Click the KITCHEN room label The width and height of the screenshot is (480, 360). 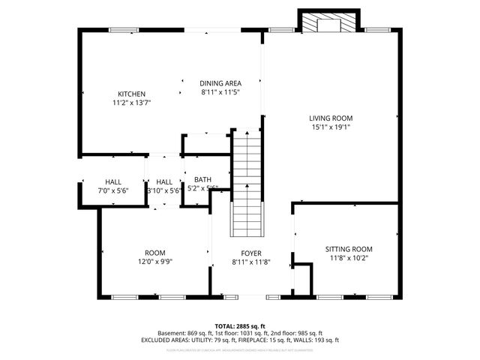(x=130, y=94)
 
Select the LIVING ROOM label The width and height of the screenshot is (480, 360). (x=331, y=118)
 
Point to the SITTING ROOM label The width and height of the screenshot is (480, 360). (x=349, y=249)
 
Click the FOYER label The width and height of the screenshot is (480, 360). (x=250, y=253)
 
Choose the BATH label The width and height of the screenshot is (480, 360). (x=202, y=179)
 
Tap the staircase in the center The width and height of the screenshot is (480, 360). (x=247, y=184)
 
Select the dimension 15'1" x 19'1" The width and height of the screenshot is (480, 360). (x=331, y=127)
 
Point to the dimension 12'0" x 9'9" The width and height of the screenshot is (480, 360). (x=155, y=262)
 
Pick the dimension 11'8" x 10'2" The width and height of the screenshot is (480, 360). (x=349, y=258)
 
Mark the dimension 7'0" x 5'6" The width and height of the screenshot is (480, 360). (x=113, y=190)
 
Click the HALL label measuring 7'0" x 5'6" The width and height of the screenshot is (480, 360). (x=113, y=181)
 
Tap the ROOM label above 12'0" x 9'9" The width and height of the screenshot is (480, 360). (x=155, y=253)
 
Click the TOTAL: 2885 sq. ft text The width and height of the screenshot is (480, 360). (x=240, y=326)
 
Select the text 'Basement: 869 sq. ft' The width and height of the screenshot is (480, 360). (x=184, y=333)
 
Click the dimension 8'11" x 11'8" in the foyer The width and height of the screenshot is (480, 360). (x=250, y=262)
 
